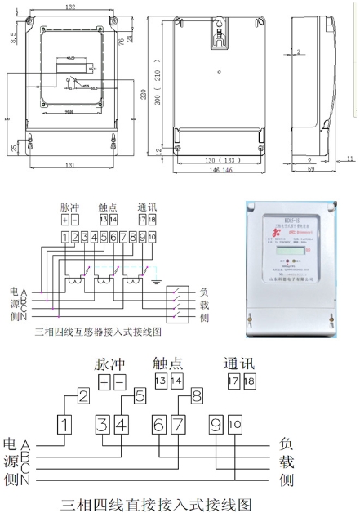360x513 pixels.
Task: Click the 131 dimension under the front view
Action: tap(70, 166)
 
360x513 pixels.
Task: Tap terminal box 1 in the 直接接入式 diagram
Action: tap(66, 424)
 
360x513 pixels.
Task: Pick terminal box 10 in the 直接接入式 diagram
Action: tap(235, 424)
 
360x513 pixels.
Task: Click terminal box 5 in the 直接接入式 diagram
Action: tap(140, 397)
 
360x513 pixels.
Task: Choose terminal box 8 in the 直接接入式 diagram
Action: tap(196, 397)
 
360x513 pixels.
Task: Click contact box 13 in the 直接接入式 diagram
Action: tap(159, 381)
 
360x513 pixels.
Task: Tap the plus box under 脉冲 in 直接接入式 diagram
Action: tap(104, 381)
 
